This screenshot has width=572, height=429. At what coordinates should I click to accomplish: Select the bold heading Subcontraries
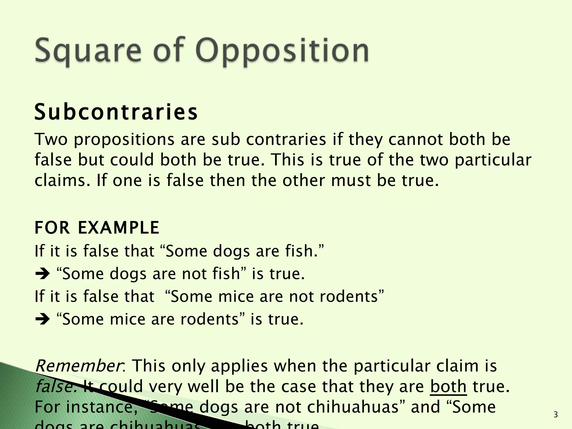click(x=116, y=112)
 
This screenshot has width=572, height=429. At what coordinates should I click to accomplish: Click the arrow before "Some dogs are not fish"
click(x=42, y=274)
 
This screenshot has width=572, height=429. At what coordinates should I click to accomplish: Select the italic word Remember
click(x=78, y=366)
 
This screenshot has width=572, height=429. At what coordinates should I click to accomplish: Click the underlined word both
click(x=448, y=387)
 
